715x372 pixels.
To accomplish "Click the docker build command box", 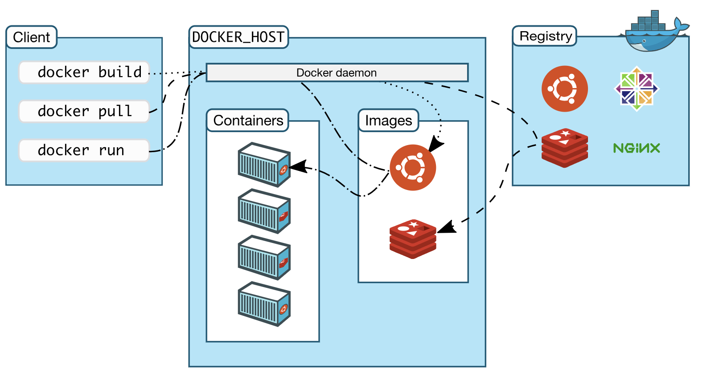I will click(84, 72).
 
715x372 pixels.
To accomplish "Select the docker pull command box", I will click(84, 111).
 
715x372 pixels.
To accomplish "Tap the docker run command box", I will click(84, 150).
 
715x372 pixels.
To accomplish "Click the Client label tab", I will click(31, 37).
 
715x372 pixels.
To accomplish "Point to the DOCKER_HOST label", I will click(238, 37).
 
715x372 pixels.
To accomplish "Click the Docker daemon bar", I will click(337, 73).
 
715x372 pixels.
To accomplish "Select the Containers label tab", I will click(248, 121).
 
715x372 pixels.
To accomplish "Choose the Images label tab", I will click(388, 121).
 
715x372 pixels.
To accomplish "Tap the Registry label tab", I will click(545, 36).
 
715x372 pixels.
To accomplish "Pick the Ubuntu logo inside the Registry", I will click(564, 89).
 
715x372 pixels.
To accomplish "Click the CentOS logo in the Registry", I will click(637, 89).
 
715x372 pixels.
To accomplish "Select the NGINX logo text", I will click(637, 148).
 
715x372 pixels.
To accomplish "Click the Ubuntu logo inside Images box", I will click(413, 167).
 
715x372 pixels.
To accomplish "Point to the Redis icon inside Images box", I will click(413, 239).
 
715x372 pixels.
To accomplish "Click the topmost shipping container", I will click(264, 164).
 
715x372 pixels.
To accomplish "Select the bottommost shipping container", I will click(264, 304).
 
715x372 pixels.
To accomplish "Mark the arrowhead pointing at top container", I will click(298, 166).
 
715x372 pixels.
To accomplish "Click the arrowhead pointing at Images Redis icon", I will click(446, 227).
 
